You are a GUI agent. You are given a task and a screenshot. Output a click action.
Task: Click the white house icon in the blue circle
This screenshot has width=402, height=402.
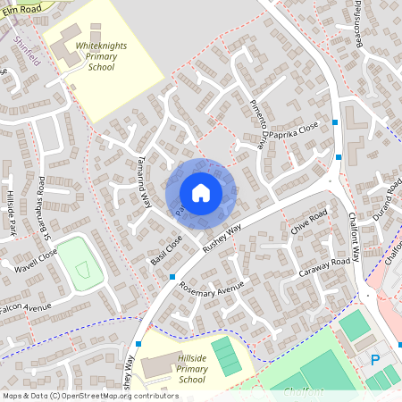click(201, 192)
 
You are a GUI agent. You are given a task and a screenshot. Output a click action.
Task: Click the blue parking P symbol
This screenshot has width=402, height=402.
click(375, 360)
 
